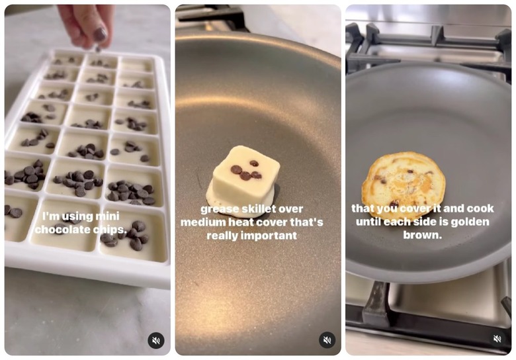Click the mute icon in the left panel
coord(156,340)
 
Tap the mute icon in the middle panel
coord(327,340)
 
